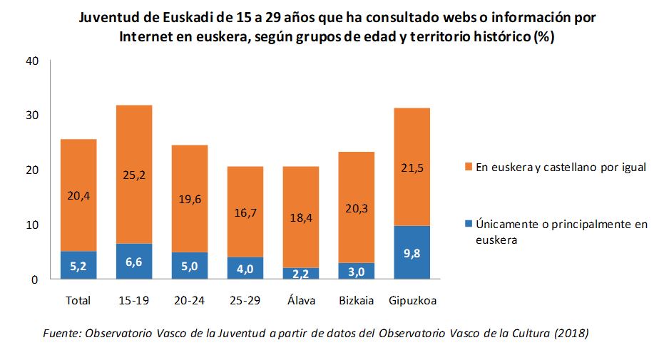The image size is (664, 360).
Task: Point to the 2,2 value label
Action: pyautogui.click(x=302, y=273)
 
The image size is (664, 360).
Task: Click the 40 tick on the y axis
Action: pyautogui.click(x=31, y=61)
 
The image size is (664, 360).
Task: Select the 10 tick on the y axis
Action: pyautogui.click(x=31, y=225)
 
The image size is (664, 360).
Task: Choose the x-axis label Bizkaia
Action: pyautogui.click(x=357, y=301)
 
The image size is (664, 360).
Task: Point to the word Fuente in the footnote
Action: pyautogui.click(x=63, y=334)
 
